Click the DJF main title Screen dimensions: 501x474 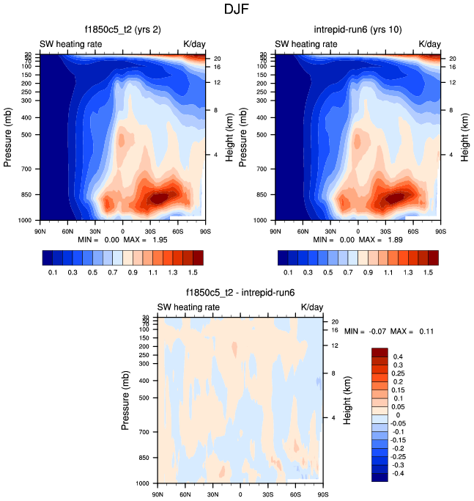tap(237, 10)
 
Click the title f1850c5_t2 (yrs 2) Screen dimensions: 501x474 tap(122, 30)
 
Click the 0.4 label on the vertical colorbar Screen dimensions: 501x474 tap(398, 356)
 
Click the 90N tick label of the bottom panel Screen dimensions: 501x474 tap(157, 493)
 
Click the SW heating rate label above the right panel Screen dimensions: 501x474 tap(306, 44)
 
